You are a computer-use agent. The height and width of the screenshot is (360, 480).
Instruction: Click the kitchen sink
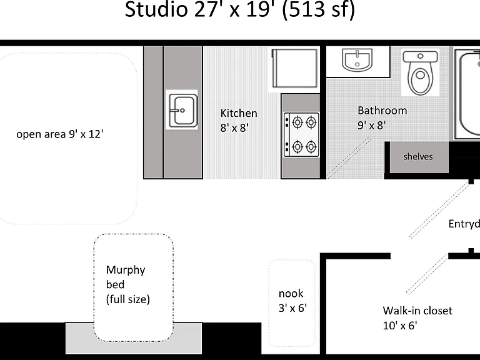tap(182, 110)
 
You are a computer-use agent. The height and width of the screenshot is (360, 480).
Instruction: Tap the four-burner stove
tap(301, 135)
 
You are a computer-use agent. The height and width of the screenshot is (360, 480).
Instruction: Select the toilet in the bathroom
tap(420, 72)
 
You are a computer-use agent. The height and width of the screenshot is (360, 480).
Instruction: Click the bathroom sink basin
tap(357, 60)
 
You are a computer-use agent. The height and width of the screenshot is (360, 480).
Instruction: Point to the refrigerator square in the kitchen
tap(294, 69)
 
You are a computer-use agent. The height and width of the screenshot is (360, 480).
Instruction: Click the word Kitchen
tap(239, 113)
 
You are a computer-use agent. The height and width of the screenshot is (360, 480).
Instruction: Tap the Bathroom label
tap(382, 111)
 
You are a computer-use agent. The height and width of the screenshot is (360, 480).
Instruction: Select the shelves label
tap(418, 156)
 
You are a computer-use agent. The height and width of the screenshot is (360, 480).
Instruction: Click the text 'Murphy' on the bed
tap(126, 270)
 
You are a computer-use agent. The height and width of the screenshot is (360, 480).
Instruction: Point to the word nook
tap(291, 293)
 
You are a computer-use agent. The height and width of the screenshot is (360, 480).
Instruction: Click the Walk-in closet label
tap(417, 311)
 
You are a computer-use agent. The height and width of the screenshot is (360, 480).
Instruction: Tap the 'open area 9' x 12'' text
tap(60, 134)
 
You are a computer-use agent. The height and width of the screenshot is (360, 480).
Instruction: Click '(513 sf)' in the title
tap(318, 9)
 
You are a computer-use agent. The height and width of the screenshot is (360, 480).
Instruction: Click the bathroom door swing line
tap(349, 157)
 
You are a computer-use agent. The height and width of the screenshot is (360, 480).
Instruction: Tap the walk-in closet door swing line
tap(427, 274)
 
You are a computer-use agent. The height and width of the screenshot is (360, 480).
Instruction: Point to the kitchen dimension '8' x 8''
tap(234, 127)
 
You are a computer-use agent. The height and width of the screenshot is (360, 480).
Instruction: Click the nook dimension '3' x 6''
tap(292, 307)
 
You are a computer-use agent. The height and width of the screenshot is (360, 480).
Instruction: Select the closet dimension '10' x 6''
tap(400, 326)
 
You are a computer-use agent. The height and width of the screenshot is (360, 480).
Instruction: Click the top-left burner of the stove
tap(297, 122)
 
